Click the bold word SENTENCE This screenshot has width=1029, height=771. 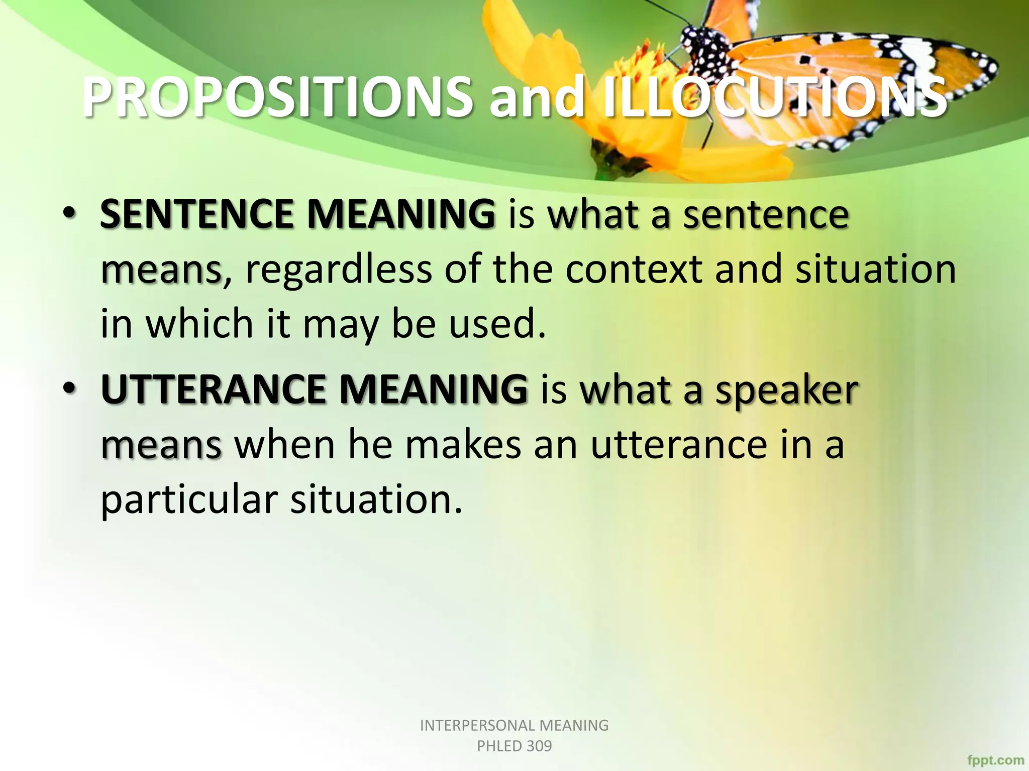196,214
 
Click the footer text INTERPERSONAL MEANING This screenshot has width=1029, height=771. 514,725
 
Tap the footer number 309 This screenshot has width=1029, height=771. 539,746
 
